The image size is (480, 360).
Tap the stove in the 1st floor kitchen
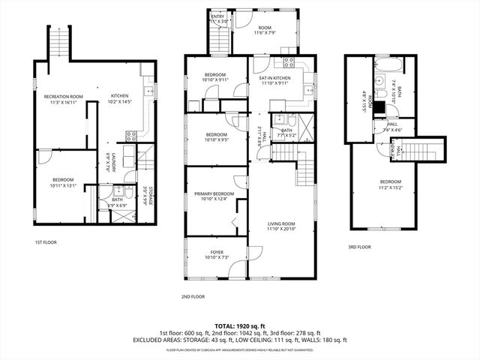(130, 136)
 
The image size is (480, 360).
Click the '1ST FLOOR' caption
(46, 242)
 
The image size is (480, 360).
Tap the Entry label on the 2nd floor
(217, 19)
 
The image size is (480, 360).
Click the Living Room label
(281, 226)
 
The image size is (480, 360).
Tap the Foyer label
(217, 254)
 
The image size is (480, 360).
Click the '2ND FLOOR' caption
(193, 297)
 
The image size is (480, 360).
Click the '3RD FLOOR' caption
(359, 247)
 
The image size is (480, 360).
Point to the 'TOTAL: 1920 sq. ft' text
(239, 326)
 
